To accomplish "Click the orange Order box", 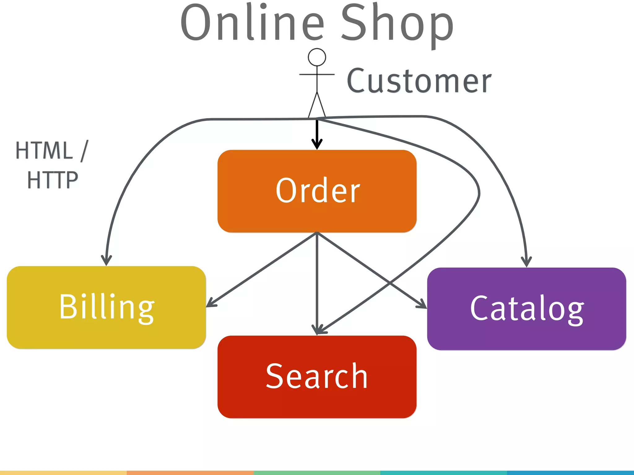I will pyautogui.click(x=317, y=191).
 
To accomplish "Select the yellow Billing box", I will pyautogui.click(x=106, y=307).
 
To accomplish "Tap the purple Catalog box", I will pyautogui.click(x=527, y=309).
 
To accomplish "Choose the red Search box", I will pyautogui.click(x=317, y=377).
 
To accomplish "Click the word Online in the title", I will pyautogui.click(x=252, y=23).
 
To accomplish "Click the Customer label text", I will pyautogui.click(x=419, y=81).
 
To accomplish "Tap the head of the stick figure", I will pyautogui.click(x=317, y=57).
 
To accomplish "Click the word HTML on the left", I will pyautogui.click(x=44, y=151).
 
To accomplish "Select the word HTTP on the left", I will pyautogui.click(x=53, y=180).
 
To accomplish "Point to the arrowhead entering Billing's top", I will pyautogui.click(x=106, y=260).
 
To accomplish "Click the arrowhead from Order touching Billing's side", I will pyautogui.click(x=211, y=303).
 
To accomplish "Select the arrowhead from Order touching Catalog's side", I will pyautogui.click(x=422, y=305).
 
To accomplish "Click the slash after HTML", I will pyautogui.click(x=84, y=151).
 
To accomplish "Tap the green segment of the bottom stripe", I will pyautogui.click(x=317, y=473).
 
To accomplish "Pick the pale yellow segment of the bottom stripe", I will pyautogui.click(x=63, y=473).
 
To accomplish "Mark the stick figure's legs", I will pyautogui.click(x=317, y=105).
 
